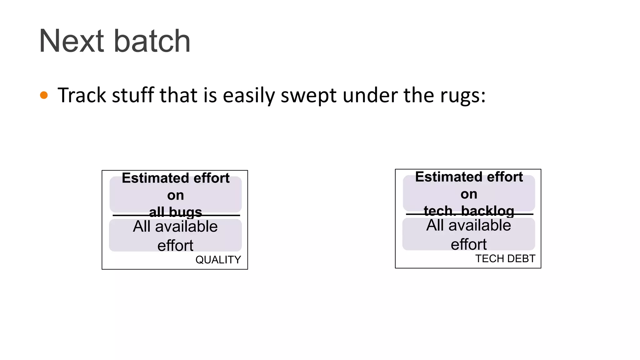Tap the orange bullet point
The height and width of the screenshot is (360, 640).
tap(44, 95)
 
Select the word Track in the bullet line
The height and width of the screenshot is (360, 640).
tap(82, 95)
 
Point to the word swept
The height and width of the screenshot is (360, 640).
tap(308, 96)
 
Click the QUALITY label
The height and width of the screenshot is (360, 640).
tap(218, 260)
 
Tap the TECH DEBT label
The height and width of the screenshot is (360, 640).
tap(505, 258)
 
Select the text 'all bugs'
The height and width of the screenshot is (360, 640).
tap(175, 212)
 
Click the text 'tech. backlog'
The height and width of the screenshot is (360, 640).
tap(469, 211)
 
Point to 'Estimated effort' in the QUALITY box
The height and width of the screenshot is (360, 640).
tap(176, 178)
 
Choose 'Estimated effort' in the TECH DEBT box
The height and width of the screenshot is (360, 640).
tap(469, 177)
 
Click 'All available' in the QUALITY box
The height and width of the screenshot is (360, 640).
tap(175, 226)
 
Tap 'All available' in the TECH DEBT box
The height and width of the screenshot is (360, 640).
tap(468, 225)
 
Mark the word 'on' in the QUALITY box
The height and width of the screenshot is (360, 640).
tap(175, 195)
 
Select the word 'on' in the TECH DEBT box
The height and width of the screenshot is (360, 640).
tap(469, 194)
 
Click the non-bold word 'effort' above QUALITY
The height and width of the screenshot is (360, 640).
tap(175, 245)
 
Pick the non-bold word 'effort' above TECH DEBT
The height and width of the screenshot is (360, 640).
tap(468, 244)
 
